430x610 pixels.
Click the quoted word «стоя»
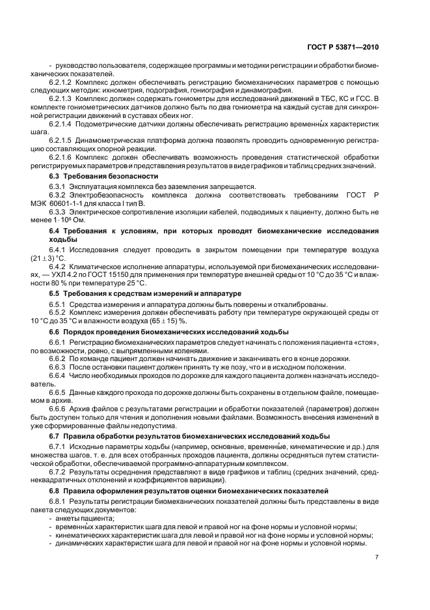coord(367,342)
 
